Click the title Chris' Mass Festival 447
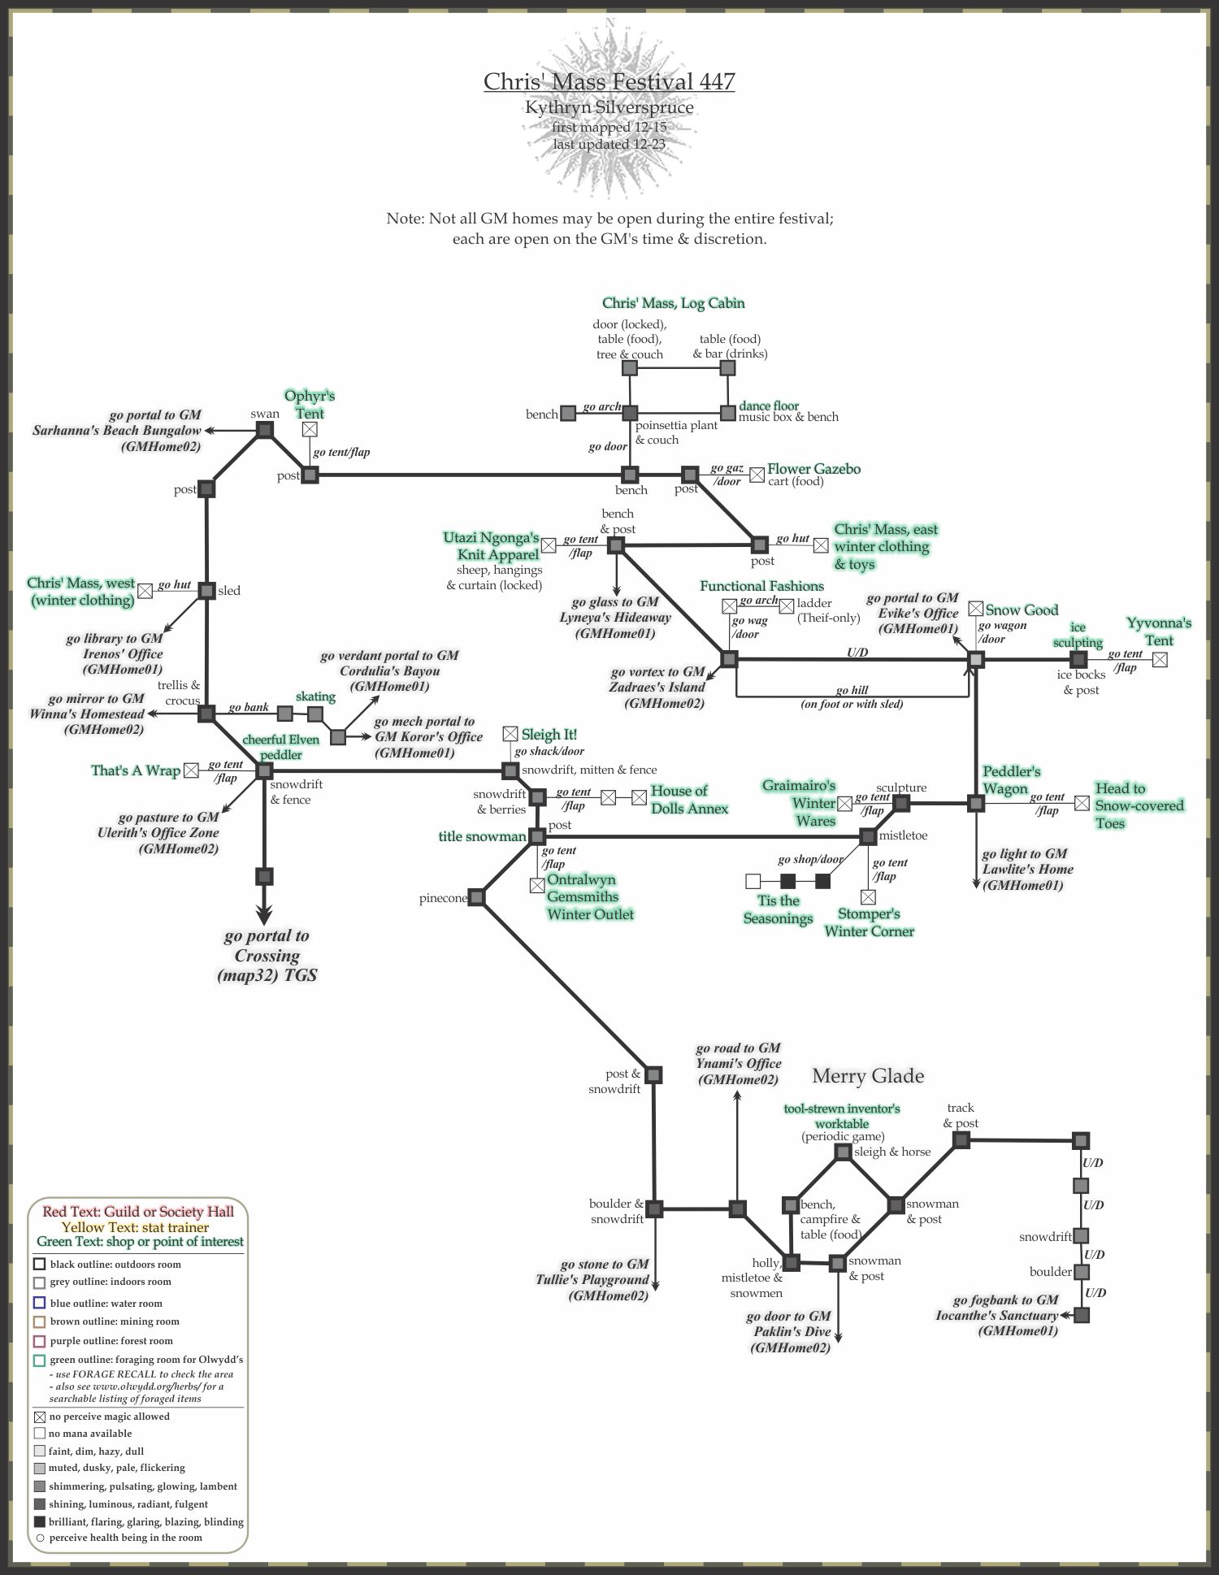(609, 81)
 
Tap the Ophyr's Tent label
(309, 403)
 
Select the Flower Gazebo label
(813, 469)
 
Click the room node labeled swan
(264, 430)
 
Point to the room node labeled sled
(206, 590)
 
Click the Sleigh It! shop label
(549, 735)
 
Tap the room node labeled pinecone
(476, 897)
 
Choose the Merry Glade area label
(868, 1076)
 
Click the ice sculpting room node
(1078, 659)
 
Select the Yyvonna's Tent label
(1159, 631)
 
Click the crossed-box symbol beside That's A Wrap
(190, 770)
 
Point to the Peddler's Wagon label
(1011, 780)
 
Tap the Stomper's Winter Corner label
(869, 922)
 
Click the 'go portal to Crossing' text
(267, 955)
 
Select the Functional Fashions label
(761, 586)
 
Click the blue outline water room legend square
(39, 1303)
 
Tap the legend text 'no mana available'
(89, 1434)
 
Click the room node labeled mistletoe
(868, 835)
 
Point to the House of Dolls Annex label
(689, 800)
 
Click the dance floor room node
(727, 414)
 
